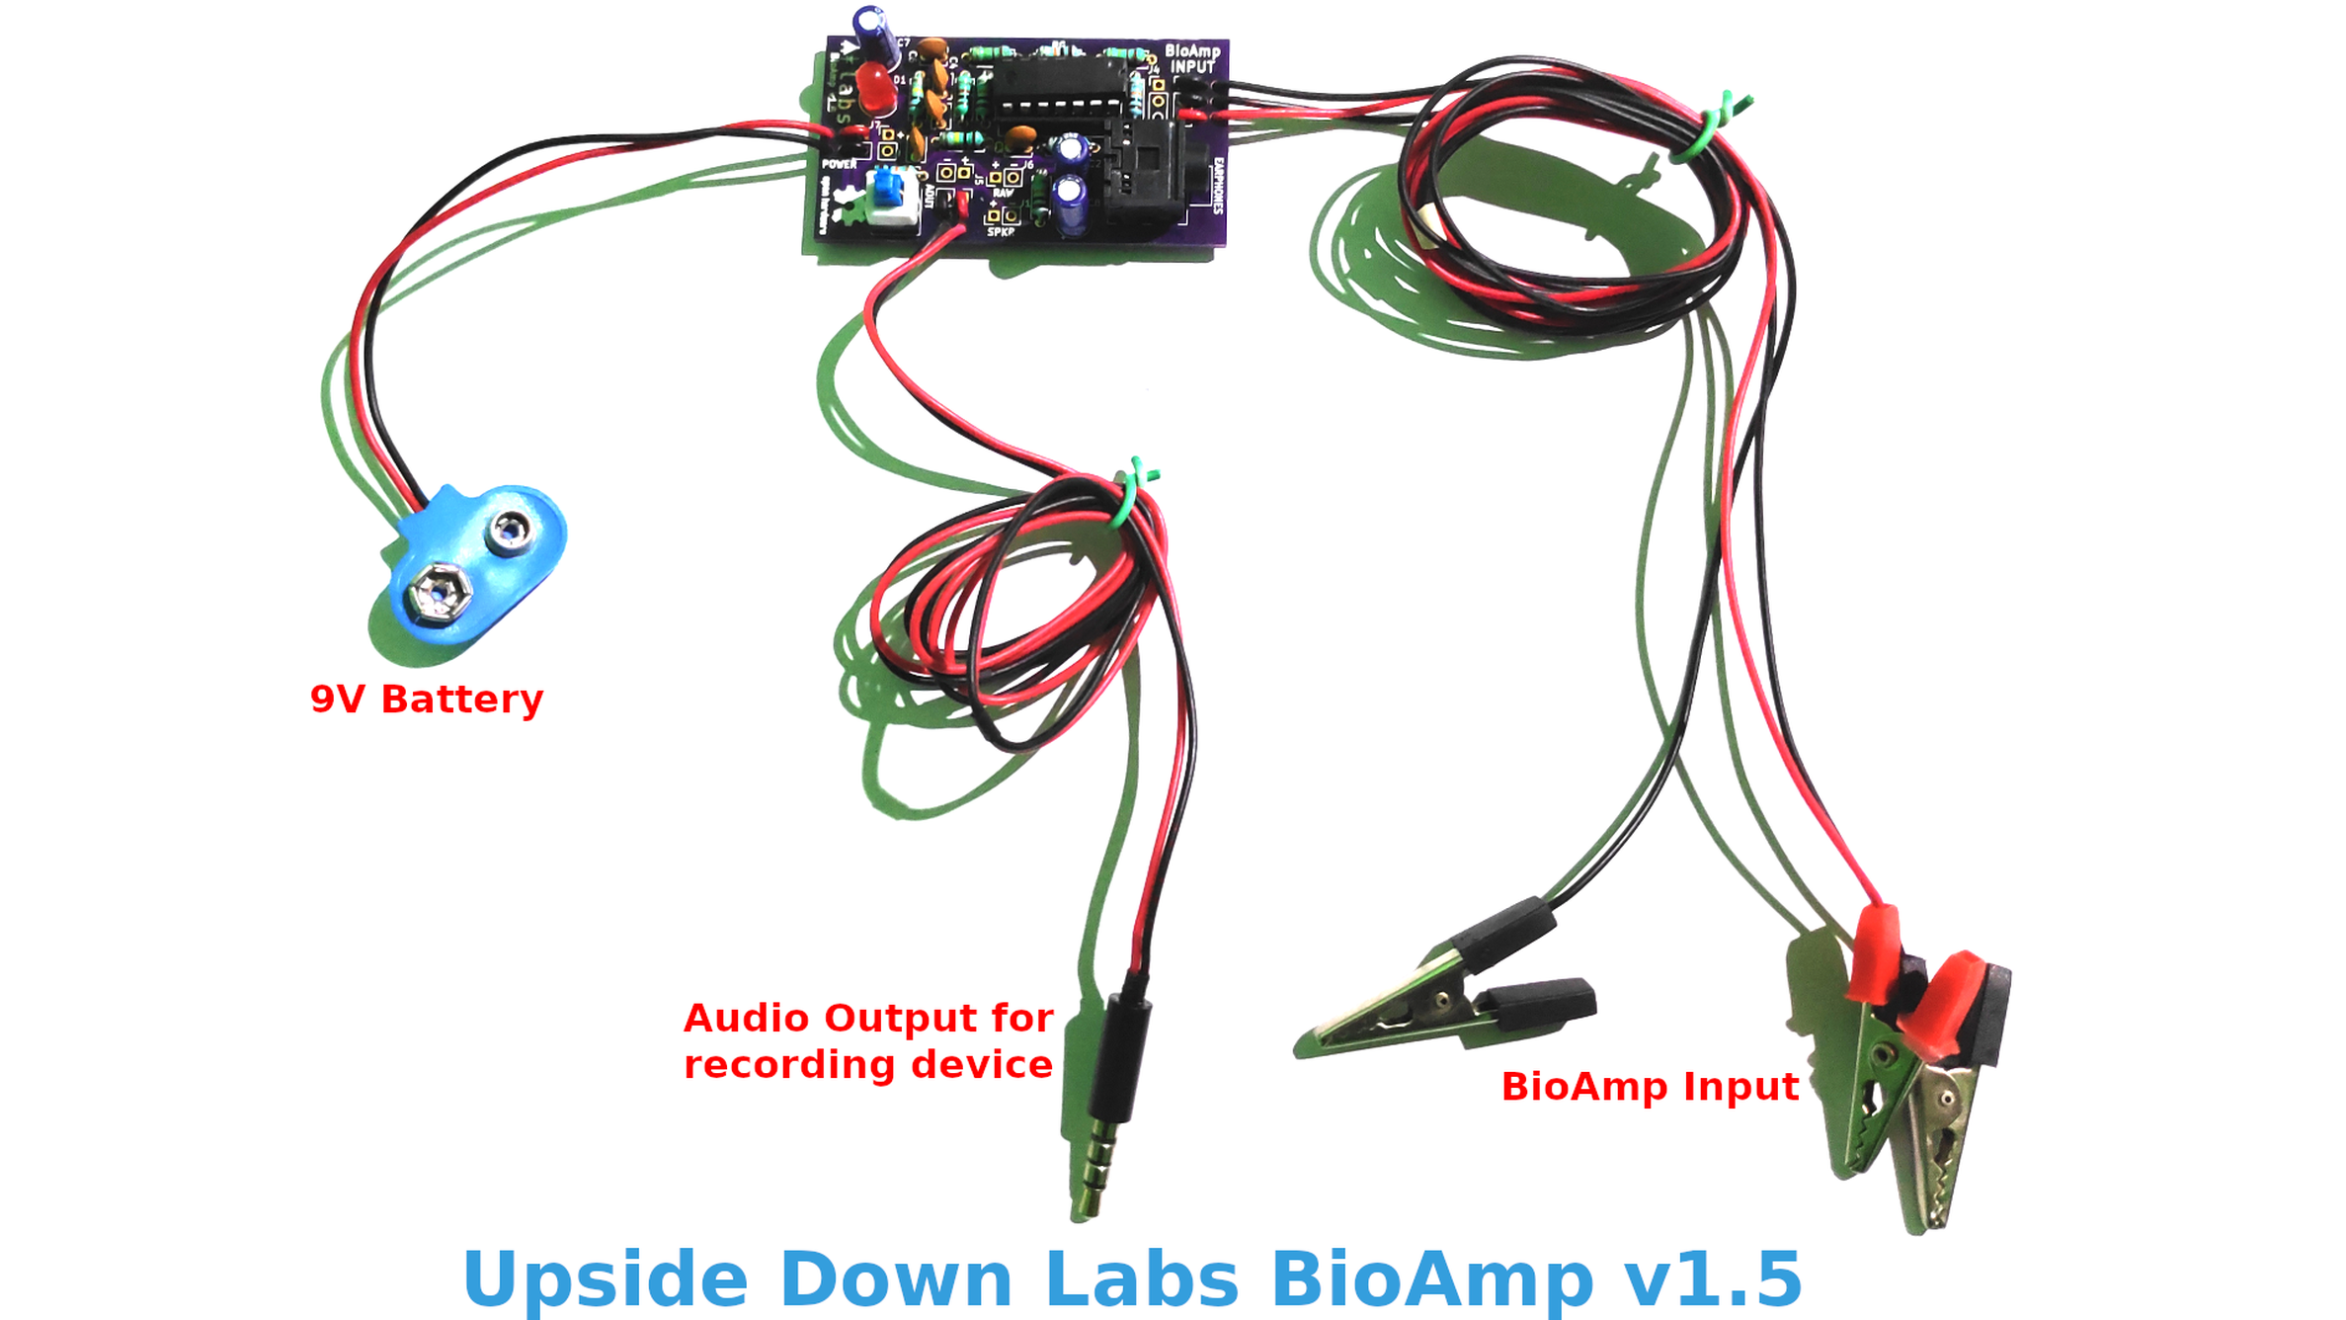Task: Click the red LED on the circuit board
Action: tap(875, 87)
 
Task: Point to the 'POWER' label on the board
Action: tap(840, 164)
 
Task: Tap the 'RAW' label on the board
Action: tap(1004, 194)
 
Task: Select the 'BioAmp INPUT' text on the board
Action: tap(1192, 58)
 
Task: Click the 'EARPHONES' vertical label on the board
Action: tap(1218, 186)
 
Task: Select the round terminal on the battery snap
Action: tap(510, 531)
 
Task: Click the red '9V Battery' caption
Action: tap(427, 700)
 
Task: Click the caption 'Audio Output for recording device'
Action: tap(868, 1041)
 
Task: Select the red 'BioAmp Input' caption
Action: tap(1650, 1087)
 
